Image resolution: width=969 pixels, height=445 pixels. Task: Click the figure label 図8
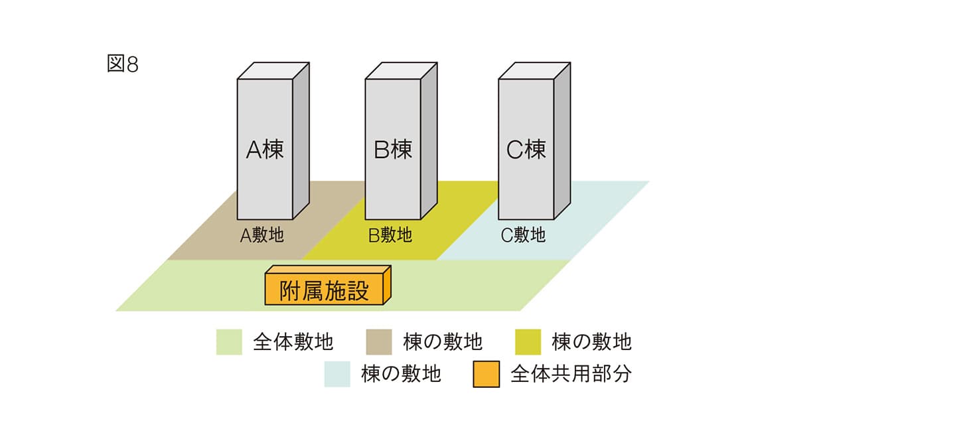123,65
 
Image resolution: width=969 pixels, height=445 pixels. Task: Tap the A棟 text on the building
265,149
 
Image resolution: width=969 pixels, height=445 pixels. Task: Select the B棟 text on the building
393,149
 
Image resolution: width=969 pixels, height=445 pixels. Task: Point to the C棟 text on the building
526,149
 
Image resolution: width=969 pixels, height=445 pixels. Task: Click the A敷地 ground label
262,235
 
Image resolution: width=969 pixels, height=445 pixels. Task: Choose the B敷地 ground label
390,235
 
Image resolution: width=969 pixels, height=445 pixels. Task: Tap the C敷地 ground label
524,235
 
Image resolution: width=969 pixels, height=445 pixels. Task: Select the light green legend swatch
229,342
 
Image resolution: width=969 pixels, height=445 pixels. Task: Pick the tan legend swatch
379,342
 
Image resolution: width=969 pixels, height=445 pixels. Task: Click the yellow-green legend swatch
528,342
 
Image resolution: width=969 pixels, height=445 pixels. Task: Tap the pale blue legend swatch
337,374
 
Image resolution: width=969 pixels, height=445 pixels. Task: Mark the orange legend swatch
486,374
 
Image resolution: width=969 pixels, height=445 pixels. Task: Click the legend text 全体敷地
293,342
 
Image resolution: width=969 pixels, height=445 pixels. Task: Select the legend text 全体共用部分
571,374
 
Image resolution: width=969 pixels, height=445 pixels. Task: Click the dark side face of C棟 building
562,139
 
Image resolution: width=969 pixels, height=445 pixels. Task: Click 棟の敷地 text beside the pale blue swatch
401,374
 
